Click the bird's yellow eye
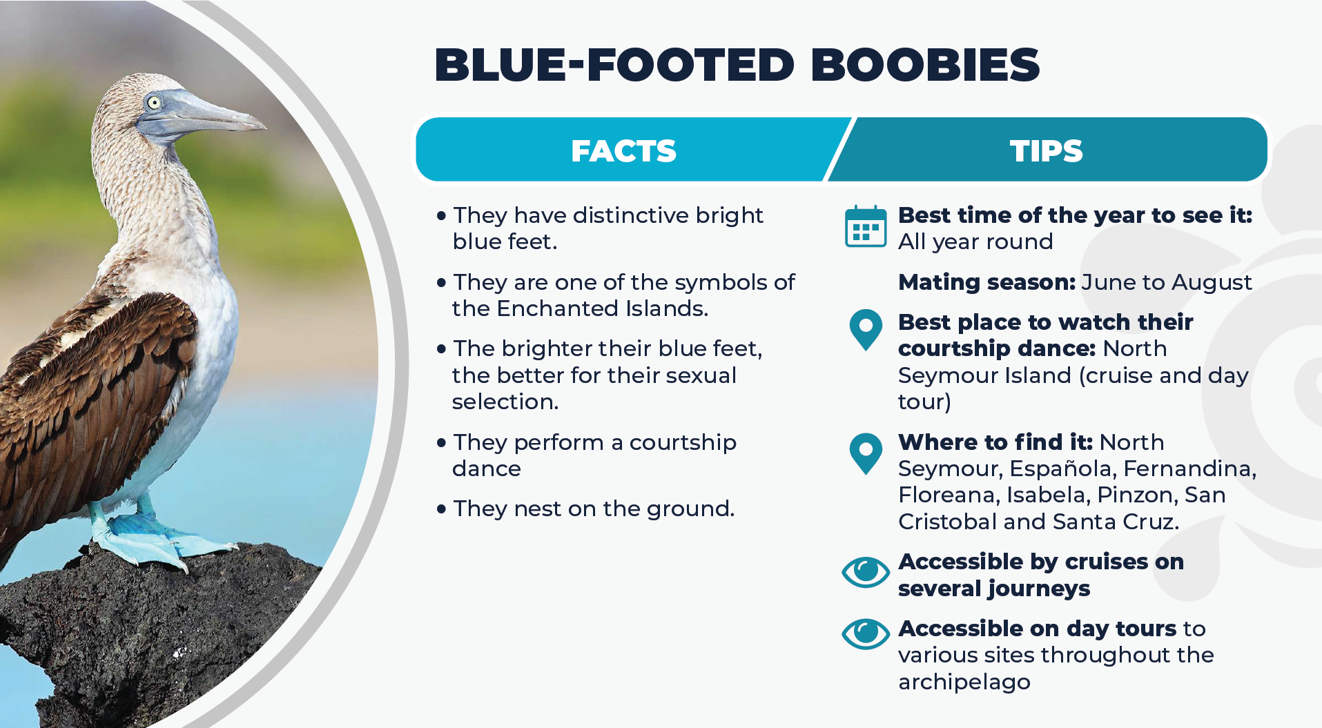coord(153,103)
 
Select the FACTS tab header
coord(623,150)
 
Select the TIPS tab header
coord(1047,150)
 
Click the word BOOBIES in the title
coord(925,65)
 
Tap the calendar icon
coord(866,226)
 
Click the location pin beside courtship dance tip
coord(866,330)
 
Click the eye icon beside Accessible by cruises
coord(866,571)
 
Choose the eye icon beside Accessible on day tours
coord(866,633)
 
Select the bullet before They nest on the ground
coord(441,509)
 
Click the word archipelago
coord(964,682)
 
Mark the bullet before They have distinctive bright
coord(441,216)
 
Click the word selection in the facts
coord(505,402)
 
